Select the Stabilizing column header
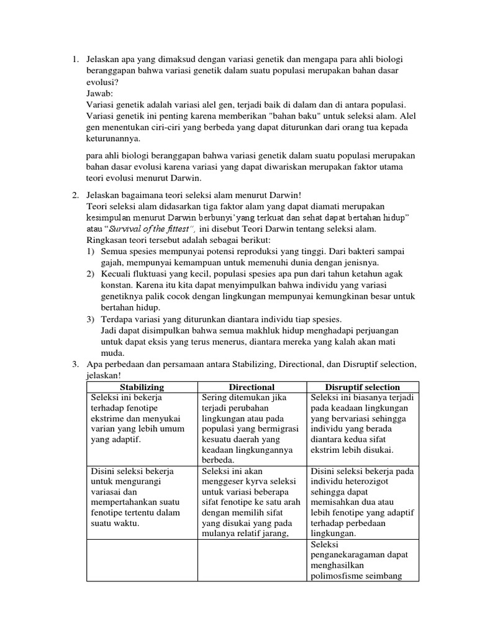[141, 387]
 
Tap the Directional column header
[252, 387]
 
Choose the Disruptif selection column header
[363, 387]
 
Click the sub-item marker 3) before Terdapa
[91, 319]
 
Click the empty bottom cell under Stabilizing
[141, 560]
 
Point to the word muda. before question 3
[110, 353]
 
